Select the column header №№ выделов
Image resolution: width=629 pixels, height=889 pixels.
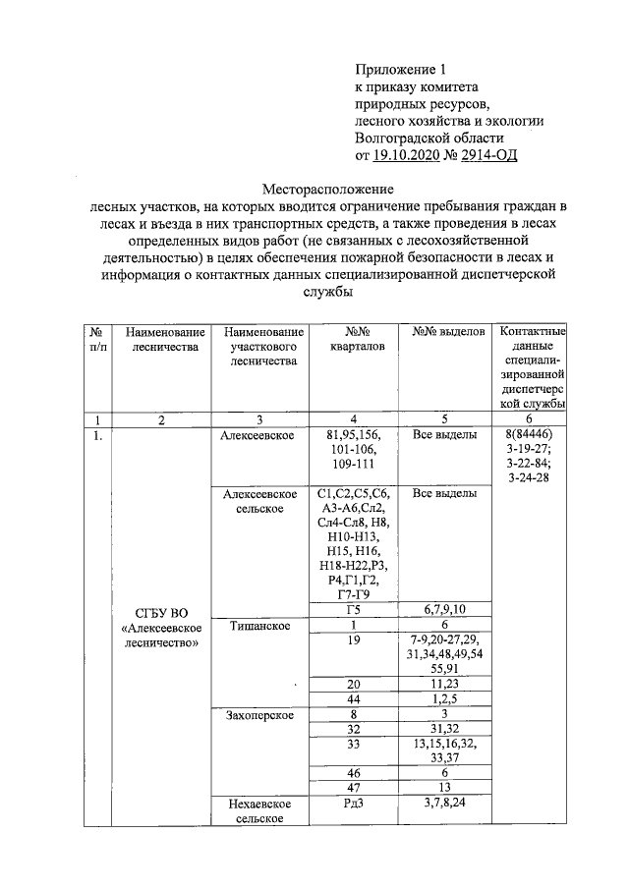[x=448, y=332]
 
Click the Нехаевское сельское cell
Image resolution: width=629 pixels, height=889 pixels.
[x=259, y=810]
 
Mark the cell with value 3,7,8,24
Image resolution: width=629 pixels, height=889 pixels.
[x=447, y=804]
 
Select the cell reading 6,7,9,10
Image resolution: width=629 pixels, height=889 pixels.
[x=447, y=609]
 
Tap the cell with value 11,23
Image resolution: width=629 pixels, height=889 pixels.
[x=447, y=683]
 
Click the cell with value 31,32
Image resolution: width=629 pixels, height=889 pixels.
[x=447, y=729]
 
